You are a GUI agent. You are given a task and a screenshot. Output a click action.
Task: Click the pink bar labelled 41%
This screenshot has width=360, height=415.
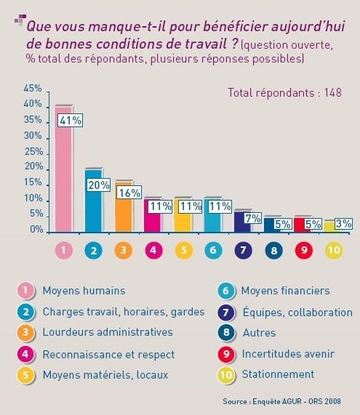click(x=63, y=169)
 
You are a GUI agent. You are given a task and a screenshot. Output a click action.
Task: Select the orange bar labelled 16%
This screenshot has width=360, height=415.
click(x=124, y=207)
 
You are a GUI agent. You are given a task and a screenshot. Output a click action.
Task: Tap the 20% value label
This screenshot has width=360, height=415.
click(x=98, y=185)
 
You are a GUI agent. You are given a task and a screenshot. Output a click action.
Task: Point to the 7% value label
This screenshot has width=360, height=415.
click(x=252, y=218)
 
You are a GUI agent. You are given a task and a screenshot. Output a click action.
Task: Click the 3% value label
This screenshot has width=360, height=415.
click(x=343, y=224)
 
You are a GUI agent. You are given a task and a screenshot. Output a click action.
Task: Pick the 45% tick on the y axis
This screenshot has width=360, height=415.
click(x=33, y=88)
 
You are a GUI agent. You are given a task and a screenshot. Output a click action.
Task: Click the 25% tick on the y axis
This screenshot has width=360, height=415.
click(x=33, y=151)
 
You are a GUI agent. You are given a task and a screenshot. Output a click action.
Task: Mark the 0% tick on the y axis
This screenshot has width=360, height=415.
click(x=36, y=229)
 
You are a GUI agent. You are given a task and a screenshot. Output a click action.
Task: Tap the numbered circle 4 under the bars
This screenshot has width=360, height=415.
click(x=153, y=250)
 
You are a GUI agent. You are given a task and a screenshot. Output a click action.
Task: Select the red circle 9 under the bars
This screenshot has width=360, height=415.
click(x=304, y=250)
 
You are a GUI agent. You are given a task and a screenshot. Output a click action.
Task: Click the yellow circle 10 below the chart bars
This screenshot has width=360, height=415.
click(x=334, y=250)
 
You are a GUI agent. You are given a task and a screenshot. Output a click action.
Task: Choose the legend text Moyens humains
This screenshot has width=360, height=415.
click(x=84, y=291)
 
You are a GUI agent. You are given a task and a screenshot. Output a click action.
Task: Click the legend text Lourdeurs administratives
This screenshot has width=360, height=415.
click(x=108, y=332)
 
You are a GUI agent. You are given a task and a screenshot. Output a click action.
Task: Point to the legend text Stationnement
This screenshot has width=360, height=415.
click(x=278, y=374)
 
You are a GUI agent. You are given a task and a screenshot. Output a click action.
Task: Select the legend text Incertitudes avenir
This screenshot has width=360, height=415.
click(x=288, y=354)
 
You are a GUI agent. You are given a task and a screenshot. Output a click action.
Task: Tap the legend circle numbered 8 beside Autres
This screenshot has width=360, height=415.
click(x=226, y=332)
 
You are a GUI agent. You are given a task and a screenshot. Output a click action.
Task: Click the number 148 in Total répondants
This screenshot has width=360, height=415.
click(x=332, y=92)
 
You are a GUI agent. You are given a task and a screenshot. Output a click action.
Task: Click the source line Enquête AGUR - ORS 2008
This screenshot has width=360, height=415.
click(x=297, y=401)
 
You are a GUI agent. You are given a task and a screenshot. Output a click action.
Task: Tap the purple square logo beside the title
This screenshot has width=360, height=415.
click(x=20, y=20)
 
